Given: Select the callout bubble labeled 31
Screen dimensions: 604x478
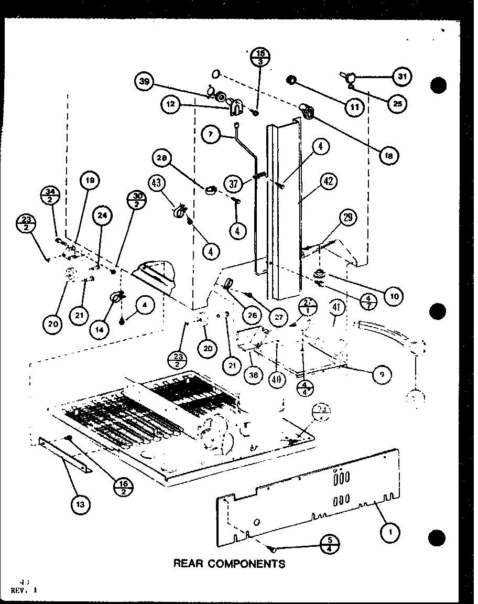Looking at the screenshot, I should (401, 77).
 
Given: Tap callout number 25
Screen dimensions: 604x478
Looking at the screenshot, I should (397, 104).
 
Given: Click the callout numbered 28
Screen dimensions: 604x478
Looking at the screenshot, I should (162, 158).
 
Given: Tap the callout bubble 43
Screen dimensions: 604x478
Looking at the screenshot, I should (157, 184).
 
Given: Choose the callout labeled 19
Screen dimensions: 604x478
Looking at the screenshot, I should (90, 181).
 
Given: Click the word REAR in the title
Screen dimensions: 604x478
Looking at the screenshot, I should (189, 564).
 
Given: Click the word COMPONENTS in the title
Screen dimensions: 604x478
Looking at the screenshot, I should (246, 564).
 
